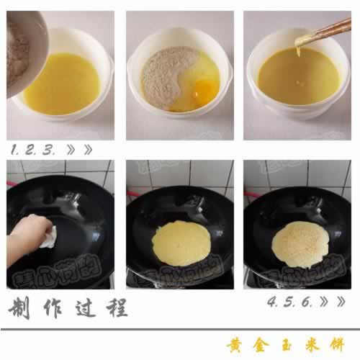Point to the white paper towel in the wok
coord(49,237)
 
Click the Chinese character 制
coord(22,309)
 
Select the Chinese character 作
coord(55,309)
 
